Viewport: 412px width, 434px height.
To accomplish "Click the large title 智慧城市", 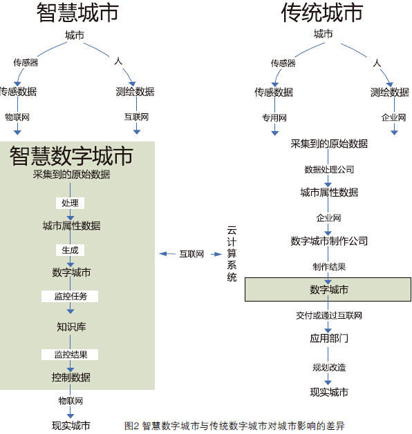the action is click(77, 12).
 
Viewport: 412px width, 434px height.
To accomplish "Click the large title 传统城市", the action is click(322, 12).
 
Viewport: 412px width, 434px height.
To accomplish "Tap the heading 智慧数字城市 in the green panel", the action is click(71, 156).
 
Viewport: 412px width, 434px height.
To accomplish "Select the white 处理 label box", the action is click(70, 203).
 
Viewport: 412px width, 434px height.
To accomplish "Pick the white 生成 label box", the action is click(70, 250).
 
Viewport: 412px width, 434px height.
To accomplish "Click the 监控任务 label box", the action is click(70, 296).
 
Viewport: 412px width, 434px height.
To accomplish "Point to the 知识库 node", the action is click(71, 327).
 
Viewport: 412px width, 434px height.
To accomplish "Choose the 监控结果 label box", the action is click(70, 355).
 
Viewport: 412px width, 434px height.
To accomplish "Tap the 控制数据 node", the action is click(71, 377).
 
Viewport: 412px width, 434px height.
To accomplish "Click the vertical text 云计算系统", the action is click(232, 254).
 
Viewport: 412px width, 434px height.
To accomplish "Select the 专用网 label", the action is click(274, 118).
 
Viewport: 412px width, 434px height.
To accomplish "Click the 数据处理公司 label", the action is click(329, 170).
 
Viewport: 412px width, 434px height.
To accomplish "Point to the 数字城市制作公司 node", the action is click(329, 241).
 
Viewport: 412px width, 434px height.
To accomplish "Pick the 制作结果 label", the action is click(329, 267).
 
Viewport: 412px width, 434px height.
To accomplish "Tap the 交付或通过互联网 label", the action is click(329, 315).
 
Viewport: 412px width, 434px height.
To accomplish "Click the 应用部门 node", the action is click(329, 338).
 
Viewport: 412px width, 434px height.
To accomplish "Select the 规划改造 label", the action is click(329, 367).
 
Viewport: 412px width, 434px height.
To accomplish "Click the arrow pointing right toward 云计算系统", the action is click(216, 254).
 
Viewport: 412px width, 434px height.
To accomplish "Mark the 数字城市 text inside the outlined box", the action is click(329, 290).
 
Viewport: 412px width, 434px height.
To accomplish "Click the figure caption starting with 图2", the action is click(234, 426).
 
